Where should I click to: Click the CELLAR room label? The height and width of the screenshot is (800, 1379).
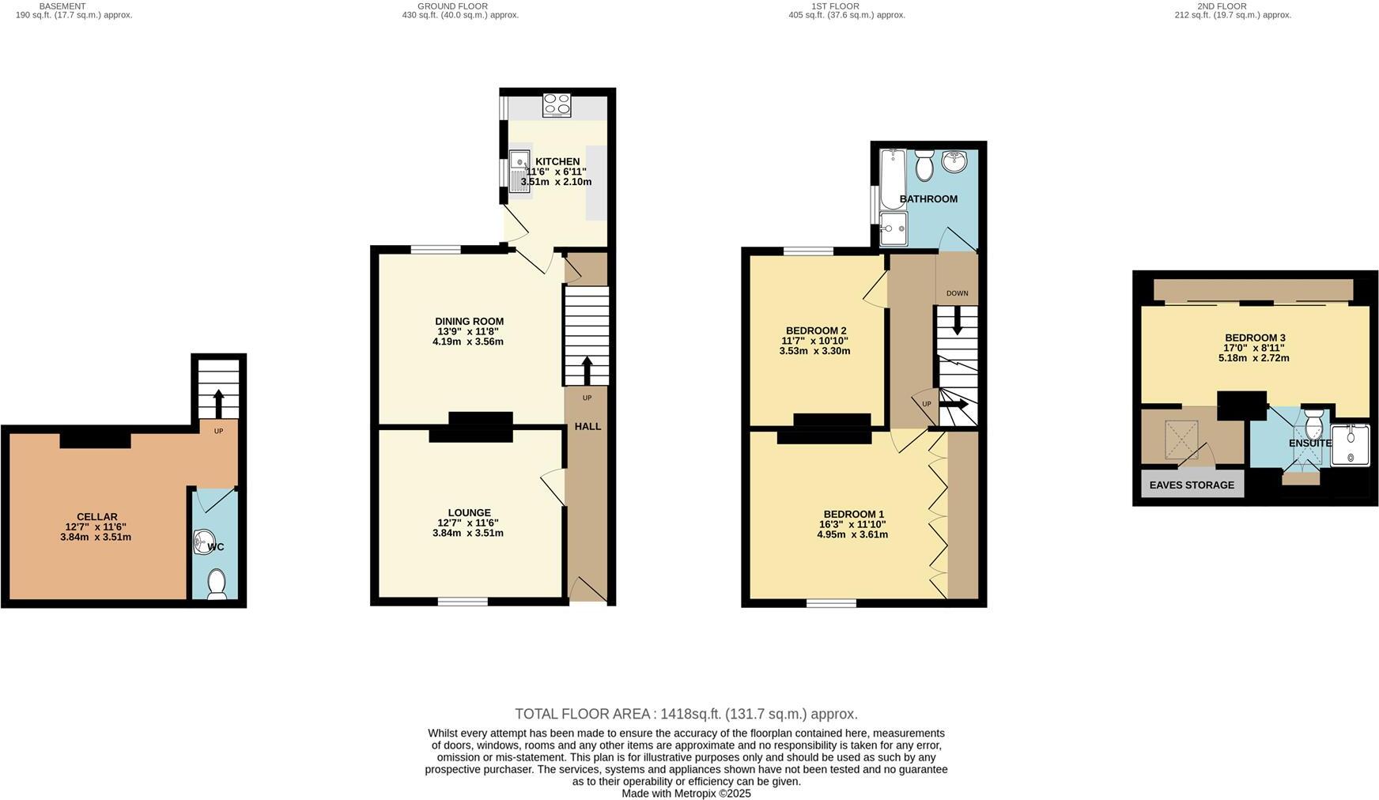(x=96, y=517)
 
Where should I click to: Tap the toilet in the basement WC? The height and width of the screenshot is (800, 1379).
(x=216, y=586)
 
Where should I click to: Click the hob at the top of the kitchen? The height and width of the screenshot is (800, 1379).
(x=557, y=105)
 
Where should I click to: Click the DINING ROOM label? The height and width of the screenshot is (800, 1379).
(x=469, y=321)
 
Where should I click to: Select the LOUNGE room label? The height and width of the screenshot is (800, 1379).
(x=469, y=512)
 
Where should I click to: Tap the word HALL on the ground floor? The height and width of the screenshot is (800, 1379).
(x=587, y=426)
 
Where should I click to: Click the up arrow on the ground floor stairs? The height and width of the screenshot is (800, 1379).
(x=587, y=370)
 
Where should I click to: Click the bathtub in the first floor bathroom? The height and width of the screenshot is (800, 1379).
(x=893, y=178)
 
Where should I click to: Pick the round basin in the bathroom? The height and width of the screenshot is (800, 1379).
(x=954, y=163)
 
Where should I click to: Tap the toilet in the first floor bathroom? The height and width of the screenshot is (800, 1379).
(x=924, y=167)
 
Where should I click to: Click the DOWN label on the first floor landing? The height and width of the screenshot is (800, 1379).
(x=957, y=293)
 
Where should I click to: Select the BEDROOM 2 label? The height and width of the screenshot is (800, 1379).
(x=816, y=330)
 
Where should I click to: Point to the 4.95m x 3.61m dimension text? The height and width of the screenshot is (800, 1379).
(x=852, y=534)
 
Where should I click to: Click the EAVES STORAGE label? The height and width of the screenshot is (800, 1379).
(x=1192, y=485)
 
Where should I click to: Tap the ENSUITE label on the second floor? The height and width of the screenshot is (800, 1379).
(x=1310, y=443)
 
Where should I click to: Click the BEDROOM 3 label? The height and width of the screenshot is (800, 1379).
(x=1255, y=338)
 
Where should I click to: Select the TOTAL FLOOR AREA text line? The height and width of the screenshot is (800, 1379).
(x=686, y=714)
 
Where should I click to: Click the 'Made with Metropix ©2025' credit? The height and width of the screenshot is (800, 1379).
(x=686, y=793)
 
